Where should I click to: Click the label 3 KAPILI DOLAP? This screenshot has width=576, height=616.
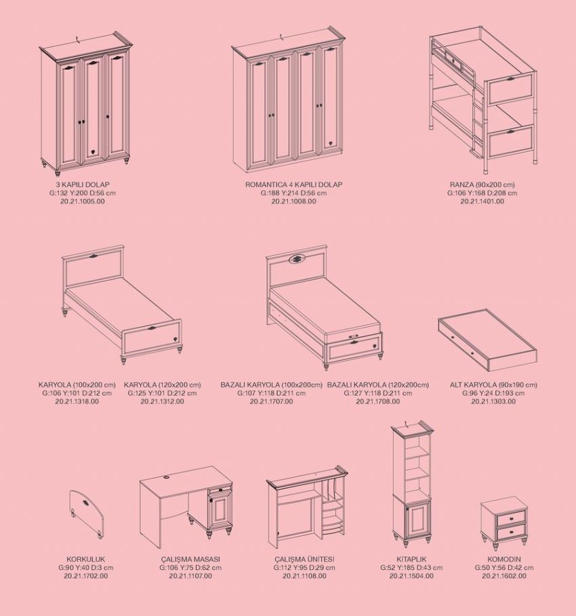pos(83,185)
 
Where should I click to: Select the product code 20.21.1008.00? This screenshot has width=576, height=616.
pos(293,201)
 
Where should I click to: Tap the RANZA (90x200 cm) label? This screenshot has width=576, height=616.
pos(482,185)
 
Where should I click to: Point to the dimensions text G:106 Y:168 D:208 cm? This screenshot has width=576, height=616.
pos(482,193)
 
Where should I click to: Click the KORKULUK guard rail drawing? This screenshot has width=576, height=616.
pos(87,513)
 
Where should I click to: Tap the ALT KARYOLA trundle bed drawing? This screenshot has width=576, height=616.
pos(488,340)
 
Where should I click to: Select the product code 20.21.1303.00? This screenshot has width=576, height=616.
pos(493,402)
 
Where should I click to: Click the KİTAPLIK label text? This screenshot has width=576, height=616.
pos(411,558)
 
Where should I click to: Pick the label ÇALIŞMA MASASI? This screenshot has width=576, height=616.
pos(190,558)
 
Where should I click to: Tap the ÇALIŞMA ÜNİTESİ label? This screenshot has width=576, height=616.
pos(304,558)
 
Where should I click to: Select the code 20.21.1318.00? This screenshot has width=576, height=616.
pos(77,402)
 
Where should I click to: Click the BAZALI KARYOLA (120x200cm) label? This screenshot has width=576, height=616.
pos(378,385)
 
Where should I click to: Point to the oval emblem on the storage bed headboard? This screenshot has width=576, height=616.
pos(297,259)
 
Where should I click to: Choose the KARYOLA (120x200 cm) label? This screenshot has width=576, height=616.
pos(162,385)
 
